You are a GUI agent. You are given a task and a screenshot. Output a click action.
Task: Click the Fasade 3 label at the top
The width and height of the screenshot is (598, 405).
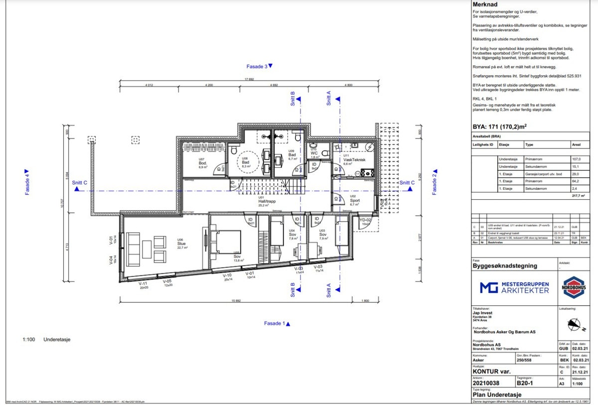click(x=260, y=66)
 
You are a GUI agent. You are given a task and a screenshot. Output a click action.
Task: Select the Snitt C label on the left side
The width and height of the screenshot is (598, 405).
click(x=80, y=183)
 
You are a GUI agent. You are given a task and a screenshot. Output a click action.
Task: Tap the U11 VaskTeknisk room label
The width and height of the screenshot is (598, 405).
click(x=354, y=158)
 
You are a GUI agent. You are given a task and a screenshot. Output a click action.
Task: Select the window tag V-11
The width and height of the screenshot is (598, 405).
click(x=143, y=284)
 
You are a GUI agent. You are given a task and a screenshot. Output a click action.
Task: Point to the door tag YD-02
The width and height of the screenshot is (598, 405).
click(x=365, y=220)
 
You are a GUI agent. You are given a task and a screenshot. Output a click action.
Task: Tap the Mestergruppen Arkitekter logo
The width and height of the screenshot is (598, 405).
click(x=514, y=287)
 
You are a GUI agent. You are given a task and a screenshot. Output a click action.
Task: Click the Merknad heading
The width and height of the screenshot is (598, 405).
click(x=484, y=4)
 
